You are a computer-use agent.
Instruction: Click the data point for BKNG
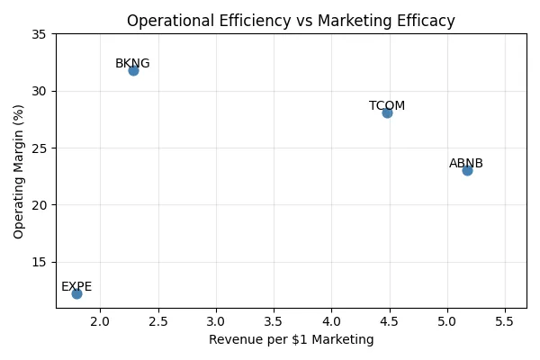click(133, 70)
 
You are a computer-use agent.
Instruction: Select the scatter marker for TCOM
click(387, 112)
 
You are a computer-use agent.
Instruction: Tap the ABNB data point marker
click(467, 170)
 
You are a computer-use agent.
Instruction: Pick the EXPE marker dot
click(76, 293)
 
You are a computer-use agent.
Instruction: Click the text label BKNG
click(132, 64)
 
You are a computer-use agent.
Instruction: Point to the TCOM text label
click(387, 106)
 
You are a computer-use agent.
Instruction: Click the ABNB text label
click(466, 164)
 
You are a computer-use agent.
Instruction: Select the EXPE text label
click(76, 287)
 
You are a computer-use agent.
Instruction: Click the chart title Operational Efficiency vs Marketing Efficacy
click(291, 21)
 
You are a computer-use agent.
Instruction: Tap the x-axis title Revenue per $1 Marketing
click(291, 340)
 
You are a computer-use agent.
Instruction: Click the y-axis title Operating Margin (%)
click(19, 171)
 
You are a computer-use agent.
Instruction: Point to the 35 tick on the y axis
click(39, 34)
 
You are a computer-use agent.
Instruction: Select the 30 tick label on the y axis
click(39, 91)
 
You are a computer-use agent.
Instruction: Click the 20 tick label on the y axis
click(39, 205)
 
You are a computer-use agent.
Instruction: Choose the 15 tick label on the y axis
click(39, 262)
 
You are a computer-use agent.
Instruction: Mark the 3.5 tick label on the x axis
click(274, 320)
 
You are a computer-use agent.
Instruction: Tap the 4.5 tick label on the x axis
click(390, 320)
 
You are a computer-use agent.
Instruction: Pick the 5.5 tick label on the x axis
click(505, 320)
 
